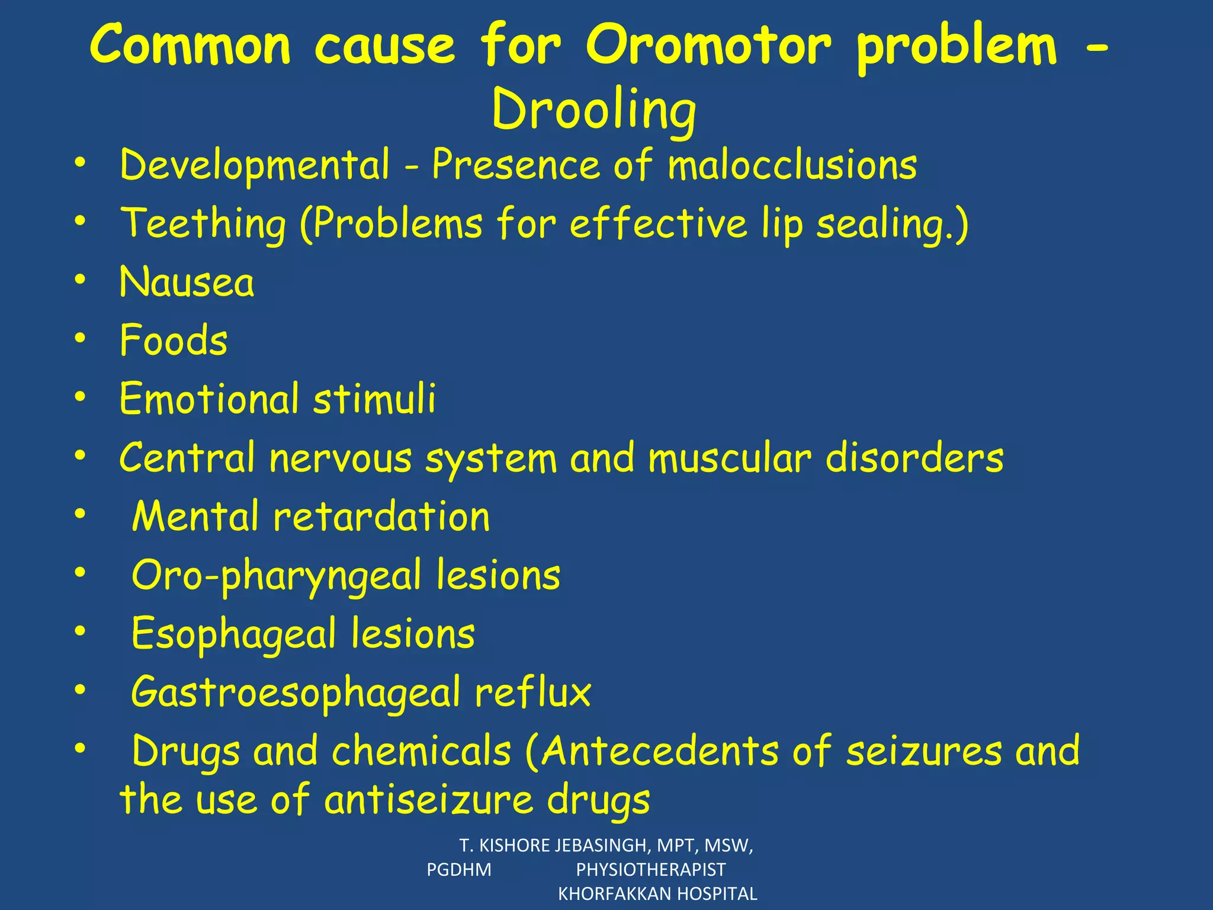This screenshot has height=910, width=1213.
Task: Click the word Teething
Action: point(203,224)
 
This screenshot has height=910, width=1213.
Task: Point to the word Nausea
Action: point(187,282)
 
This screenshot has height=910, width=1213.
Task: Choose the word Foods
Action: point(174,341)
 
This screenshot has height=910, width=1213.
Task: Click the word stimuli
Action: point(374,398)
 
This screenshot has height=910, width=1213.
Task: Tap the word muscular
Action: point(729,458)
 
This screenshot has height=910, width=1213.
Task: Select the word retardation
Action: point(381,516)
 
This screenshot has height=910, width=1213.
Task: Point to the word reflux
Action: point(532,692)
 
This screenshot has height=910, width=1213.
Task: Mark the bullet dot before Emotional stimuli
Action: point(81,396)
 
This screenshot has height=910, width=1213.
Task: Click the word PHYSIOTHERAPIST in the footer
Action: point(650,870)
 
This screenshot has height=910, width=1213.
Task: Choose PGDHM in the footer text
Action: point(459,870)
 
